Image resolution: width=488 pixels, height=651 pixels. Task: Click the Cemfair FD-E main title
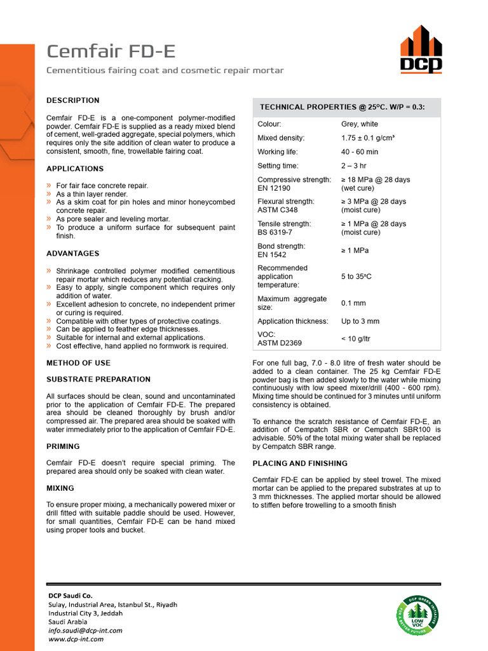click(111, 51)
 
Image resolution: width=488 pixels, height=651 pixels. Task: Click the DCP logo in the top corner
click(421, 49)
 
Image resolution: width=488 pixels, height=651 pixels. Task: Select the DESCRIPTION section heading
click(73, 100)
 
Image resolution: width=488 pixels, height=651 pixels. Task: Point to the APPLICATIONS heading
click(75, 169)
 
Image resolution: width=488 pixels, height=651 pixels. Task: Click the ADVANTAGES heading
click(73, 254)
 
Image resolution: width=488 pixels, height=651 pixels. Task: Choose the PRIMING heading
click(63, 447)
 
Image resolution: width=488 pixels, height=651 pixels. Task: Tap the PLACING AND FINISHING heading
click(300, 463)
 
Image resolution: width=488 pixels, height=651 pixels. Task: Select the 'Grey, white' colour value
click(360, 124)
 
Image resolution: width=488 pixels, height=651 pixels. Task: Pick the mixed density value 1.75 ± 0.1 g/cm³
click(368, 138)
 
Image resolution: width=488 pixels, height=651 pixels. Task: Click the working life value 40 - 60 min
click(360, 152)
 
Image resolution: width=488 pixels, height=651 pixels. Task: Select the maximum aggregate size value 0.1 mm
click(353, 303)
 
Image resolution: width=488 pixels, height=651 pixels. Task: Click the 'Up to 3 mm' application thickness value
click(360, 322)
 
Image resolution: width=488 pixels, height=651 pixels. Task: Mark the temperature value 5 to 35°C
click(356, 277)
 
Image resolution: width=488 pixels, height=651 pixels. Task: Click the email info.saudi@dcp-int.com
click(85, 631)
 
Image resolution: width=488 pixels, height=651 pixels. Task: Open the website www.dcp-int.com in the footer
click(76, 639)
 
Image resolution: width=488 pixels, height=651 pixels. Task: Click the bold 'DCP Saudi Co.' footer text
click(71, 596)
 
